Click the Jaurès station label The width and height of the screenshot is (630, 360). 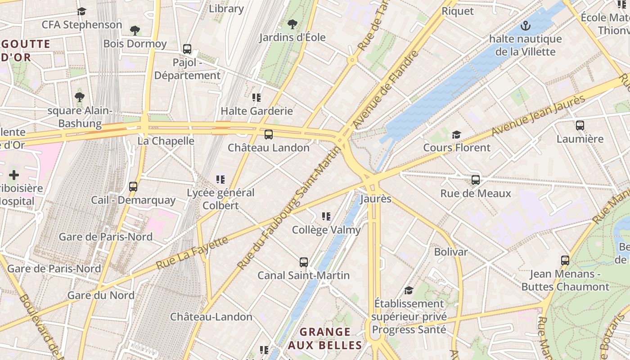pyautogui.click(x=376, y=198)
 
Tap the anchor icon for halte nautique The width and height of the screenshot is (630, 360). pyautogui.click(x=525, y=26)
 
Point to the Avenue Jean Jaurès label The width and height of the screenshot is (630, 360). pyautogui.click(x=538, y=116)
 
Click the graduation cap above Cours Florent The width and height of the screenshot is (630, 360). pyautogui.click(x=456, y=135)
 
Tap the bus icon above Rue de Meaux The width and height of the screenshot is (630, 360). pyautogui.click(x=476, y=180)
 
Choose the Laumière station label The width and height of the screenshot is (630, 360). pyautogui.click(x=580, y=139)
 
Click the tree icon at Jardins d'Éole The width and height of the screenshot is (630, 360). pyautogui.click(x=292, y=24)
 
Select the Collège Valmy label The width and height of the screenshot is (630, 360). pyautogui.click(x=326, y=230)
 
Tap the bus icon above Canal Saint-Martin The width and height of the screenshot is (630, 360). pyautogui.click(x=304, y=262)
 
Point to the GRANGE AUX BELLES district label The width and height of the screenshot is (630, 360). pyautogui.click(x=325, y=338)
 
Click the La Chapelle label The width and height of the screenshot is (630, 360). pyautogui.click(x=166, y=141)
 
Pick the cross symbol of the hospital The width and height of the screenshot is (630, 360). pyautogui.click(x=14, y=175)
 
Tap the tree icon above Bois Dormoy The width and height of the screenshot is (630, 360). pyautogui.click(x=135, y=31)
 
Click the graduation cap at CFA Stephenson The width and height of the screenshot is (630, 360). pyautogui.click(x=81, y=11)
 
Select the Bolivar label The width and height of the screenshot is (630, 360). pyautogui.click(x=450, y=252)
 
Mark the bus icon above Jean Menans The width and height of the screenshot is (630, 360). pyautogui.click(x=565, y=260)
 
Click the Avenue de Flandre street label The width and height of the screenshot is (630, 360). pyautogui.click(x=386, y=90)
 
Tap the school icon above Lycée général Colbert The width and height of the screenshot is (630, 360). pyautogui.click(x=220, y=180)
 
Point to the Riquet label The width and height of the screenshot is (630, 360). pyautogui.click(x=458, y=11)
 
